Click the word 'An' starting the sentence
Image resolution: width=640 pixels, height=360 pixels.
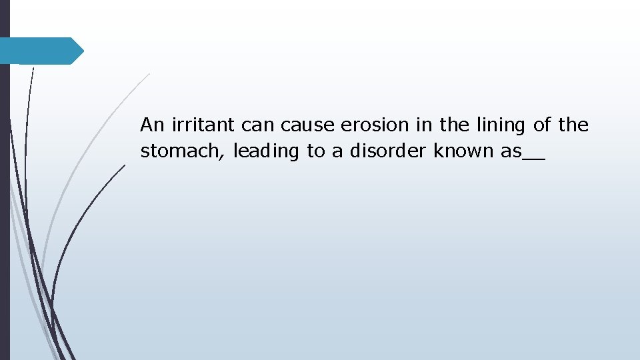pos(151,125)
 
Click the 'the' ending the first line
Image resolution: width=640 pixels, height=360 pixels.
pos(573,125)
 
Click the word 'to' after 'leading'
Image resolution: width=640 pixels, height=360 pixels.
pos(315,152)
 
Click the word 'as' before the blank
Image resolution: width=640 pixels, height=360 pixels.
pos(511,152)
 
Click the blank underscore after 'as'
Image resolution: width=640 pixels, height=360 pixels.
pos(533,159)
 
